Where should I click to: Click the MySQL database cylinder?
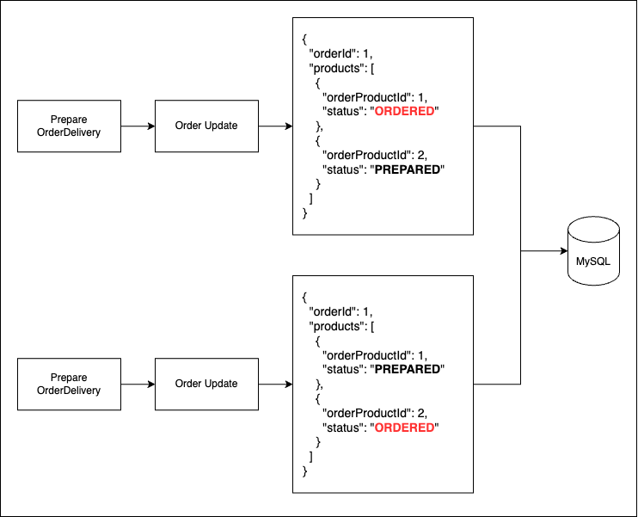coord(593,251)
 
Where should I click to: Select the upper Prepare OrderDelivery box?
coord(69,126)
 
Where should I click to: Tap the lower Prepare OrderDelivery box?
coord(69,384)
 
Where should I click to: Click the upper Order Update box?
coord(206,126)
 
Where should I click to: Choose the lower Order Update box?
coord(206,384)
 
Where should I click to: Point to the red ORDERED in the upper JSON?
coord(404,111)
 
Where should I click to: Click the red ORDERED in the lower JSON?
coord(404,428)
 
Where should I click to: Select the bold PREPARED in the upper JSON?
coord(408,169)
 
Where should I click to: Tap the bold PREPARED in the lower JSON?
coord(408,369)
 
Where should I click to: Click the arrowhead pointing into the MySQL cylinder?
coord(564,251)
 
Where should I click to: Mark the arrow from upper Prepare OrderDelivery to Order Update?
coord(138,126)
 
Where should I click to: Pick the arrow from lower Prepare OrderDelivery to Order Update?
coord(138,384)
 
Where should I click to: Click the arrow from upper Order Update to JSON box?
coord(275,126)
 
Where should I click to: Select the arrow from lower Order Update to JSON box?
coord(275,384)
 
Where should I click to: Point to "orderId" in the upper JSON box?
coord(333,53)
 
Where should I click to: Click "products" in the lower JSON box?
coord(336,327)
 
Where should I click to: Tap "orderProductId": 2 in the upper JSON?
coord(374,155)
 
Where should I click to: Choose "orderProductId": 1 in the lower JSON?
coord(374,355)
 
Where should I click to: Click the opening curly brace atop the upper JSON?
coord(304,40)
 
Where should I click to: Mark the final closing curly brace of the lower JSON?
coord(304,471)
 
